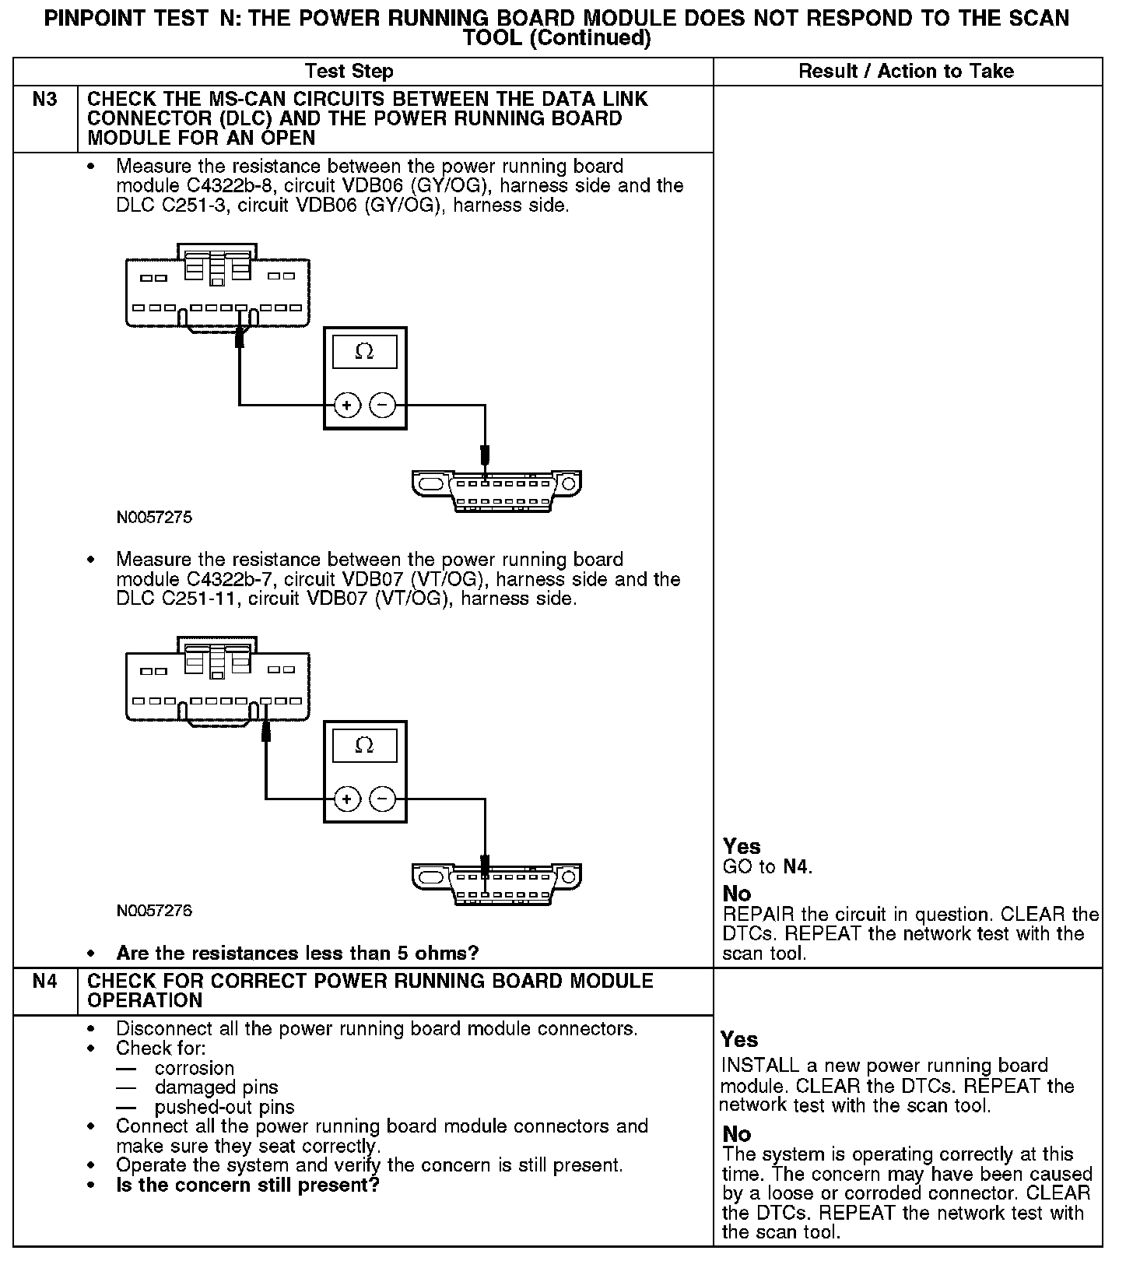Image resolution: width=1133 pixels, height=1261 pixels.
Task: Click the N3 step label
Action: pyautogui.click(x=45, y=100)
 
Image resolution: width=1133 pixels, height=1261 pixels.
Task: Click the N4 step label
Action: pyautogui.click(x=45, y=981)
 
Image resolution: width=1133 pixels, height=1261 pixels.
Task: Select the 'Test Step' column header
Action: pyautogui.click(x=349, y=72)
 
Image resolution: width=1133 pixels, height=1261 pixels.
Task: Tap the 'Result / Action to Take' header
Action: pyautogui.click(x=907, y=72)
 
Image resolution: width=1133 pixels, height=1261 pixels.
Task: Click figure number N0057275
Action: pyautogui.click(x=154, y=517)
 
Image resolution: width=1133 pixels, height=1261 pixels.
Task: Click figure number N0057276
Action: pyautogui.click(x=154, y=911)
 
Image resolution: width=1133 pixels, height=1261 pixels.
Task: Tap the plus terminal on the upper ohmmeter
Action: pyautogui.click(x=348, y=405)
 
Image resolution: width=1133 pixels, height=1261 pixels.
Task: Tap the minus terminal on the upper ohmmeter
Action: pyautogui.click(x=382, y=405)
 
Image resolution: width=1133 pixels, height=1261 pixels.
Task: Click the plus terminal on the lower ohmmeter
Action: pyautogui.click(x=348, y=799)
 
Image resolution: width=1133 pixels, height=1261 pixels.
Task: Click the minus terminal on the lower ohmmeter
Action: pyautogui.click(x=382, y=799)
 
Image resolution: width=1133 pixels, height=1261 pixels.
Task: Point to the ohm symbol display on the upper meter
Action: pyautogui.click(x=364, y=352)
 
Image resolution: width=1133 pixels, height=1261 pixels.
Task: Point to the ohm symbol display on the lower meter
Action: pyautogui.click(x=364, y=746)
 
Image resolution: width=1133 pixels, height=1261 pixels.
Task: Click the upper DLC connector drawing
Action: pyautogui.click(x=496, y=489)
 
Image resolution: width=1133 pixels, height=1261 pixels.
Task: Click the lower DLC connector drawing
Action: pyautogui.click(x=496, y=883)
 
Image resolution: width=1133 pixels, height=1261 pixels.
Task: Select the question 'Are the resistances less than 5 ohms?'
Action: pyautogui.click(x=297, y=953)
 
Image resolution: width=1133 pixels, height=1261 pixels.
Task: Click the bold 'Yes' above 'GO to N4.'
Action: pyautogui.click(x=742, y=846)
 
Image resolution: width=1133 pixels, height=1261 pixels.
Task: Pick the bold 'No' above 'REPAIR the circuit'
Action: pyautogui.click(x=737, y=893)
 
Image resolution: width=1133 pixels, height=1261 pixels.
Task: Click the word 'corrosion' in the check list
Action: pyautogui.click(x=195, y=1068)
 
